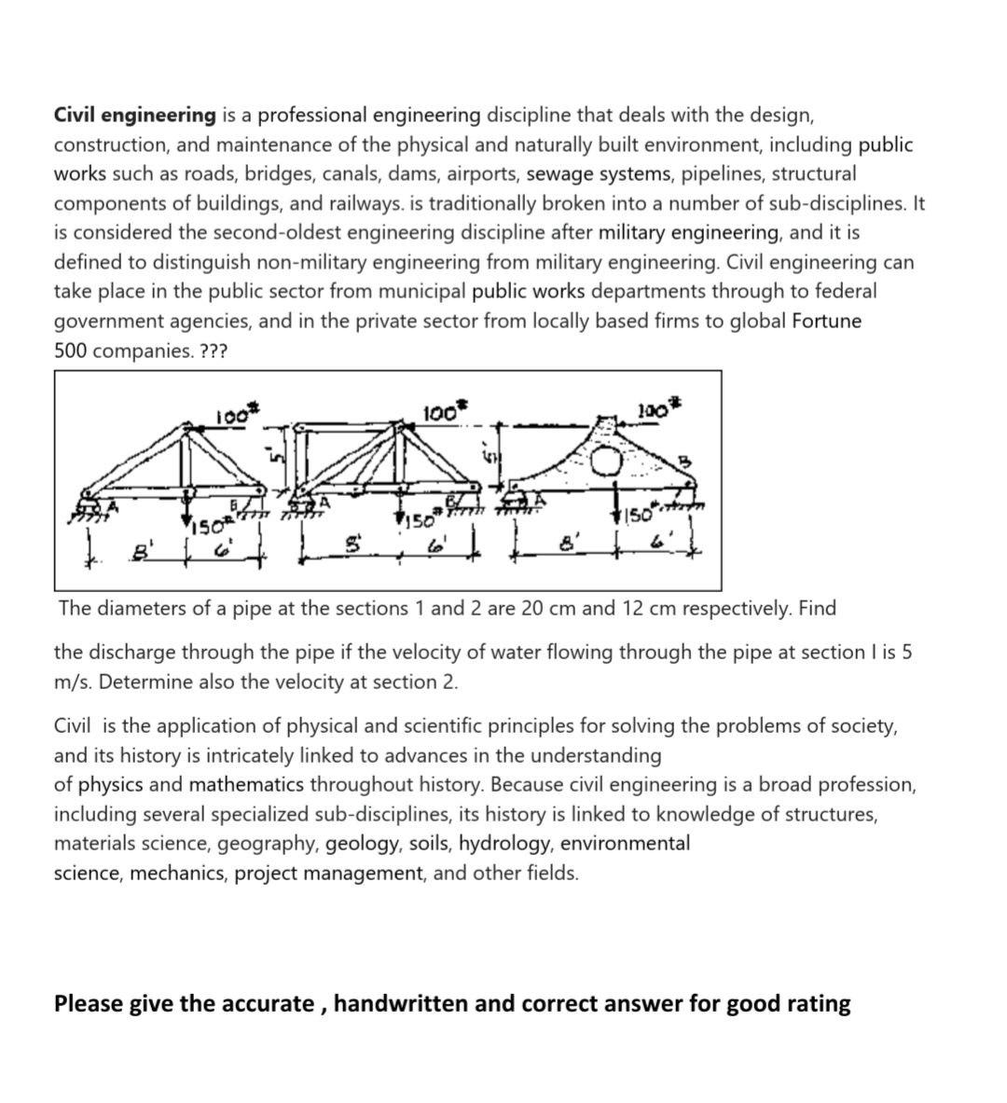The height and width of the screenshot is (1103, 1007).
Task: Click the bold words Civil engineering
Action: (x=134, y=116)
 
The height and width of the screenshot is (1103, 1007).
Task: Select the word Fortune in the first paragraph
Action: (x=826, y=322)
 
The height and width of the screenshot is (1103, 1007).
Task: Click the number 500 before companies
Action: (x=71, y=352)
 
